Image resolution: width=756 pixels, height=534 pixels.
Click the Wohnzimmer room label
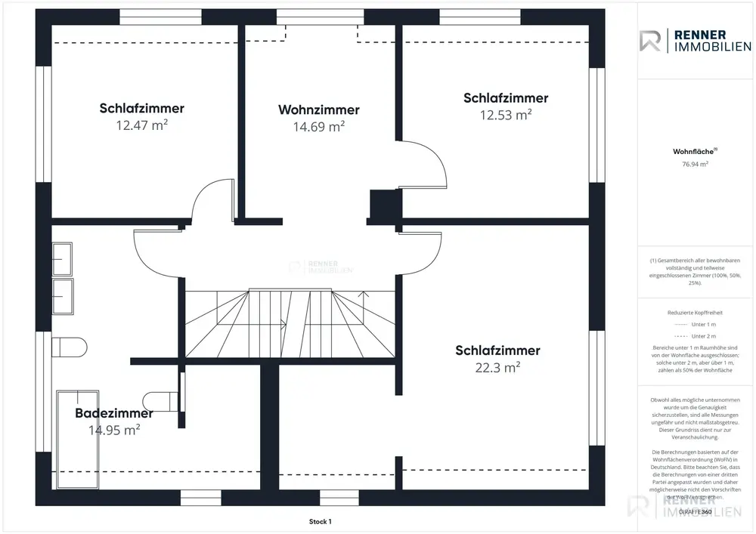click(318, 110)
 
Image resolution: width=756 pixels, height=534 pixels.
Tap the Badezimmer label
click(114, 413)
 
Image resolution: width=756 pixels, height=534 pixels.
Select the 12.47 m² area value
click(141, 125)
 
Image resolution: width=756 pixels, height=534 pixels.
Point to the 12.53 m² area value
click(506, 115)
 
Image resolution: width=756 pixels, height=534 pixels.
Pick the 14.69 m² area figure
click(318, 127)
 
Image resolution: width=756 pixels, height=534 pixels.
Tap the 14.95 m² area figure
click(114, 431)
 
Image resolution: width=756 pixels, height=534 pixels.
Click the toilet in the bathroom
click(66, 347)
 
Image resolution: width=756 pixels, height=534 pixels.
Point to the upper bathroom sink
click(62, 257)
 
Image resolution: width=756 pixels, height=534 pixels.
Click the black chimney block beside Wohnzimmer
click(380, 204)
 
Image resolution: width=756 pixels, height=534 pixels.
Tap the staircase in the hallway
click(291, 325)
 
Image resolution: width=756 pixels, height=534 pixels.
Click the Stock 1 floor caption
click(320, 521)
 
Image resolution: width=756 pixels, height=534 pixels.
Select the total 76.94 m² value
click(695, 164)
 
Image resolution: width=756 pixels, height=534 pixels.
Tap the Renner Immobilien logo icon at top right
click(650, 41)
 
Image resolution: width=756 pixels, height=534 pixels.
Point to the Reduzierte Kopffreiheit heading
click(695, 311)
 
